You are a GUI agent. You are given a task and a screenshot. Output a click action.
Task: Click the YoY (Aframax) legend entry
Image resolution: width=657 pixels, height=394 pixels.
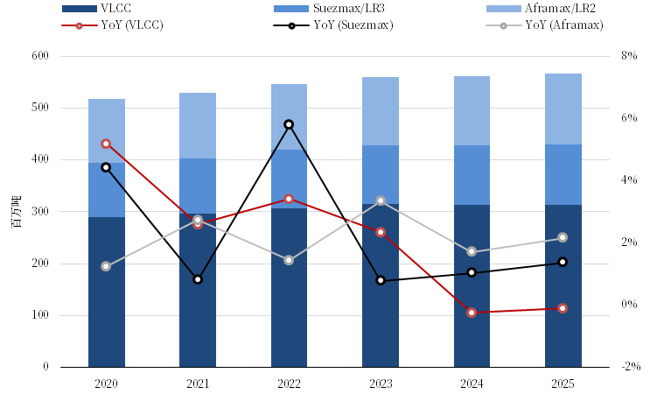564,25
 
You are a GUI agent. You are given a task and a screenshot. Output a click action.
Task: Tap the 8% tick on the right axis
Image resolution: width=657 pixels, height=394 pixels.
629,56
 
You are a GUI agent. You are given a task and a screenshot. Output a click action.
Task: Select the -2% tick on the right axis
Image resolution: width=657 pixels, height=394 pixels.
627,367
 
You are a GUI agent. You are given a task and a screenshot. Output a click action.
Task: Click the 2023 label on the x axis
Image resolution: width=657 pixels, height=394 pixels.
381,383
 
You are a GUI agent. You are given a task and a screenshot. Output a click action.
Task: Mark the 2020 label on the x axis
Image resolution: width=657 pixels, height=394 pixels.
106,383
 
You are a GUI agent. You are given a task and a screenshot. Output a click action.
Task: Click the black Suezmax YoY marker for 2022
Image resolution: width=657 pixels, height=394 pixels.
289,124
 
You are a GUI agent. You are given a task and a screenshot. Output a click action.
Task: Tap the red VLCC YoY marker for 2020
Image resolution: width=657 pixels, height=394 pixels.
106,143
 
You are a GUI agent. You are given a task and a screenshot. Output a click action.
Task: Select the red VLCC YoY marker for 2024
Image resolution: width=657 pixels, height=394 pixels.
472,313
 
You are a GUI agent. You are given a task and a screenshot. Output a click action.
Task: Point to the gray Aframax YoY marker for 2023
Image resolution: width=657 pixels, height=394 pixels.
381,201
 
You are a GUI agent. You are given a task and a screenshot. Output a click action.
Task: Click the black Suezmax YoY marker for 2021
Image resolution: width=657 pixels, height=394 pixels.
198,279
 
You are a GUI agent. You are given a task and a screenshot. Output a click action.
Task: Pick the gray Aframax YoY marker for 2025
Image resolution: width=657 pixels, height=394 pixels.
563,237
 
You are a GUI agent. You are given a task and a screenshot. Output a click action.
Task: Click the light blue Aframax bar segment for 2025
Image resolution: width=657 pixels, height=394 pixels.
563,109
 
